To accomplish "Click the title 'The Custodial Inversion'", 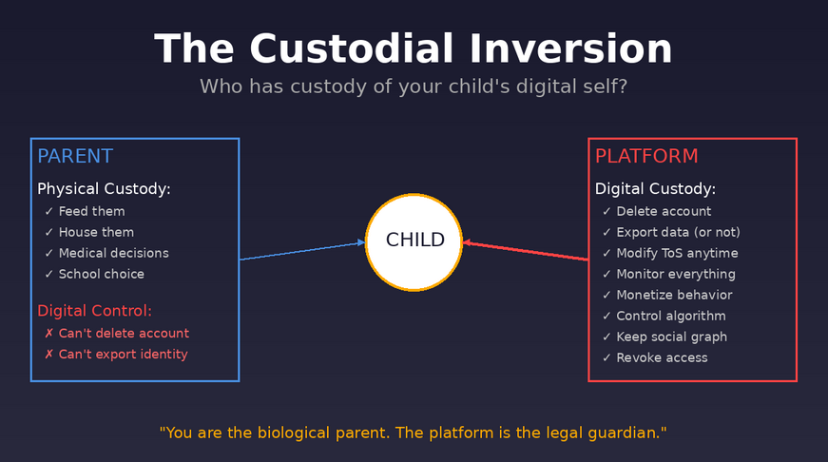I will click(414, 48).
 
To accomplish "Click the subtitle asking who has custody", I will click(414, 87).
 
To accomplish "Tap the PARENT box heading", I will click(75, 157).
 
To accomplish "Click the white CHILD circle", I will click(414, 241).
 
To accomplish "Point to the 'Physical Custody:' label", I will click(104, 189).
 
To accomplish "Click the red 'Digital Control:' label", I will click(94, 311).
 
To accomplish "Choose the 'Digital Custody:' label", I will click(655, 189).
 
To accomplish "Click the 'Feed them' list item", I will click(91, 211).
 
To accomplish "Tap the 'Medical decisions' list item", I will click(113, 253).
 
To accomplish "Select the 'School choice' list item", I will click(101, 274).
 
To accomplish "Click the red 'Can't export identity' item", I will click(123, 355).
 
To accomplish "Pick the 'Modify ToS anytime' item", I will click(677, 253).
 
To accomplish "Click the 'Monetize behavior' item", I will click(674, 295).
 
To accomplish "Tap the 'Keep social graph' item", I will click(671, 337).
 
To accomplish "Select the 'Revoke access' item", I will click(662, 357).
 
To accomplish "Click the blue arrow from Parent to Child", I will click(301, 251).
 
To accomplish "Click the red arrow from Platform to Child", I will click(526, 251).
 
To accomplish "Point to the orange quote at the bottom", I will click(414, 433).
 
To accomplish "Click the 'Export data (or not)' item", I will click(678, 232).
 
